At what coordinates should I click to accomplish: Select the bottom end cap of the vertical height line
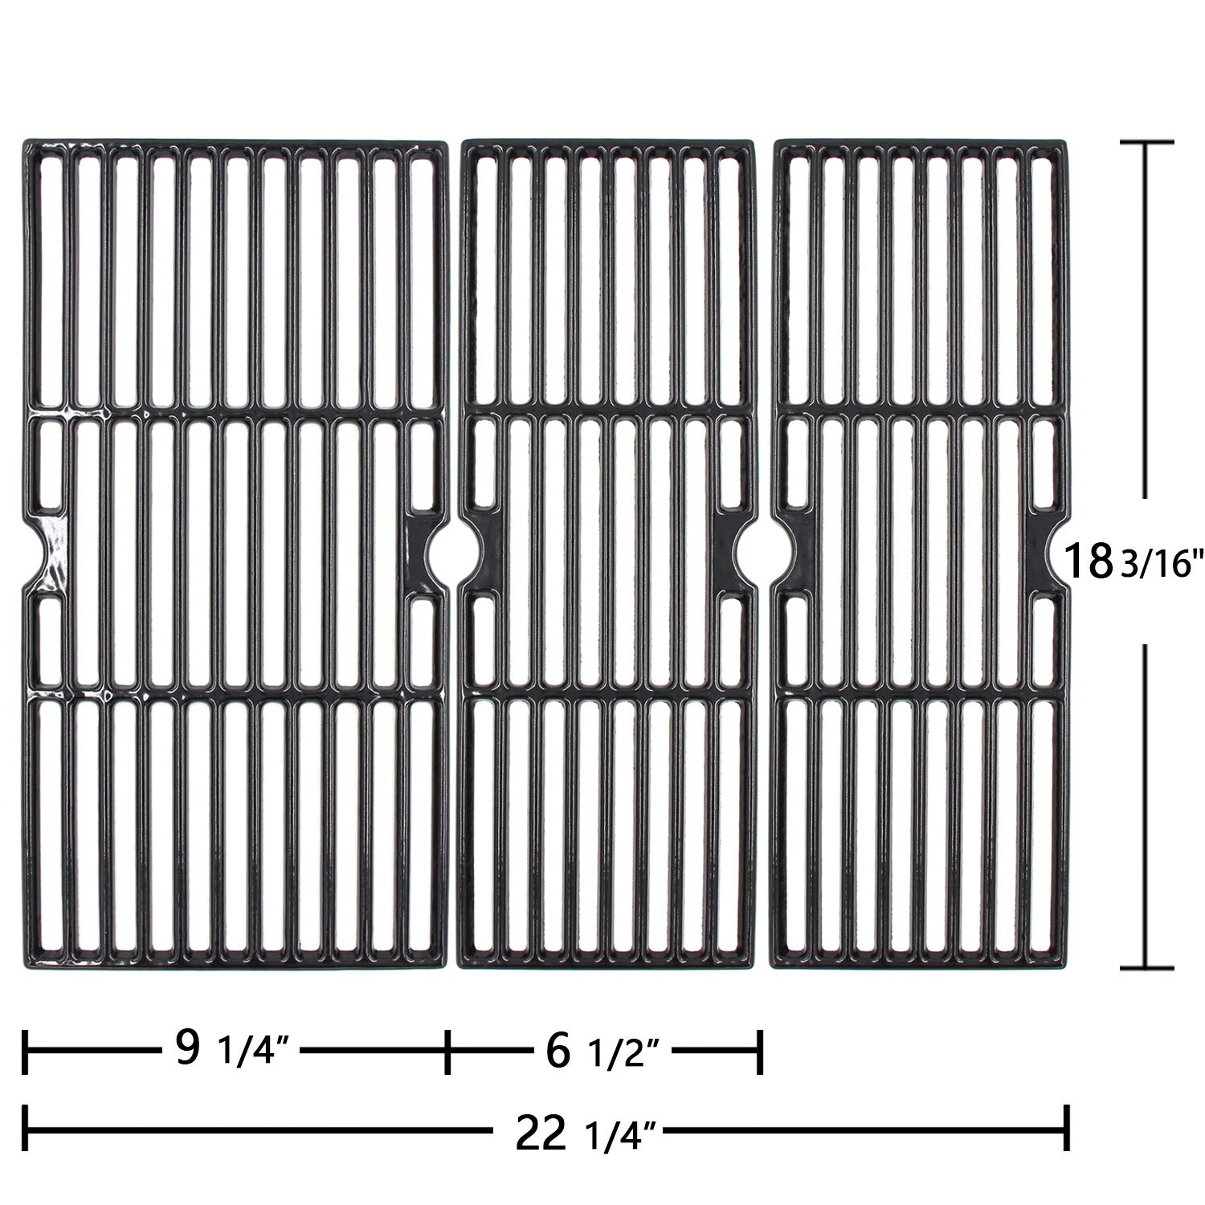(x=1143, y=967)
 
